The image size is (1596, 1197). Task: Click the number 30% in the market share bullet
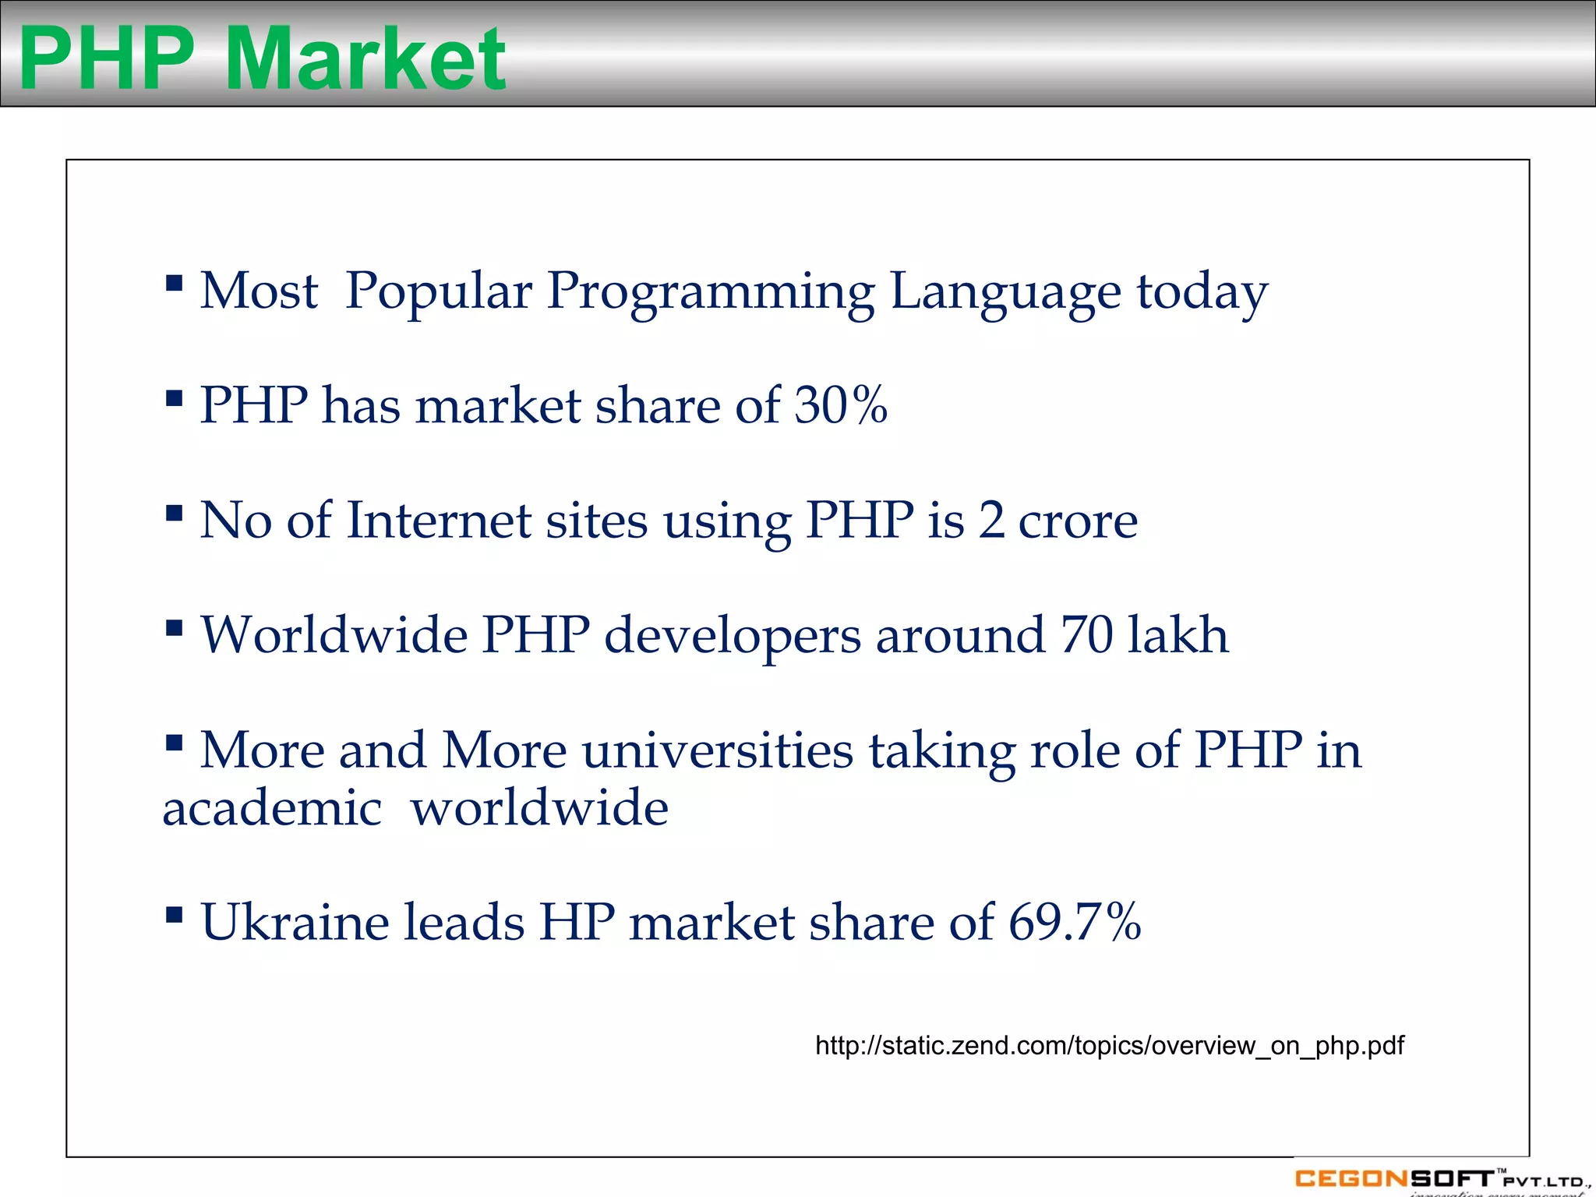click(840, 406)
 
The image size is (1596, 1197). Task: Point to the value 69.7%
click(1075, 922)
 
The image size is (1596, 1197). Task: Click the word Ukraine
click(295, 922)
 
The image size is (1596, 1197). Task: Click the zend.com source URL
click(1109, 1046)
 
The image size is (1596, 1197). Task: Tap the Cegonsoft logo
click(1439, 1179)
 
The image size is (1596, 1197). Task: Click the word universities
click(718, 750)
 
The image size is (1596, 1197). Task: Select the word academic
click(272, 807)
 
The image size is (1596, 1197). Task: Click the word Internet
click(438, 521)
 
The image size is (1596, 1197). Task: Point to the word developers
click(733, 636)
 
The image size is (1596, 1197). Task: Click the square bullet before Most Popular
click(175, 282)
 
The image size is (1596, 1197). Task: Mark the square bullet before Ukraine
click(175, 913)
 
